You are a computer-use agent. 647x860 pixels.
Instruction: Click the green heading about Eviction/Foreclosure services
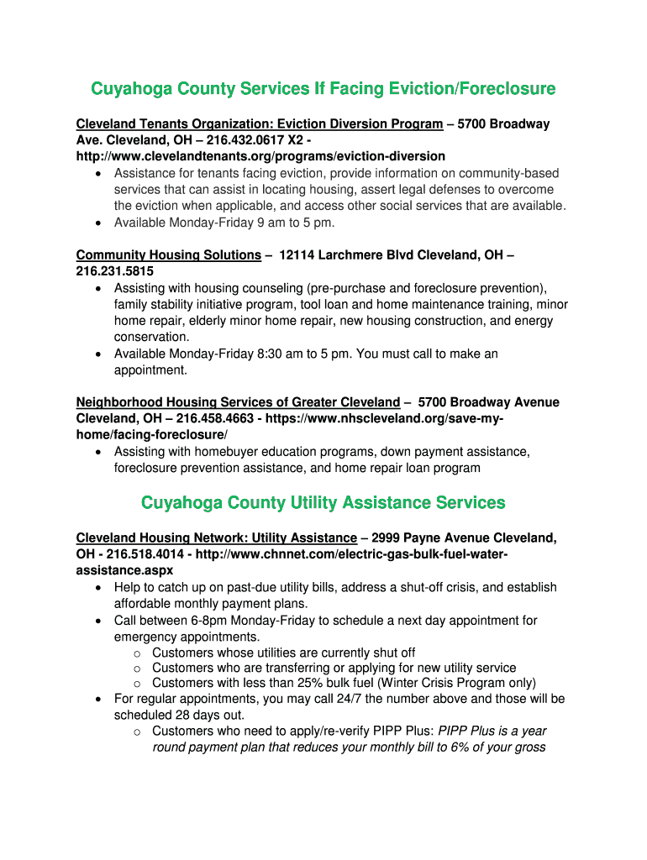point(323,89)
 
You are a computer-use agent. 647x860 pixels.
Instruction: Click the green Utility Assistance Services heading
point(323,503)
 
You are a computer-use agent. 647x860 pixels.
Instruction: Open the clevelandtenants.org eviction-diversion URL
point(260,156)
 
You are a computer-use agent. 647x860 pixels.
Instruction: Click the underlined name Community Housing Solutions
point(168,255)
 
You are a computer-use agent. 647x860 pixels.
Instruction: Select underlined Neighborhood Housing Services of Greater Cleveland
point(238,403)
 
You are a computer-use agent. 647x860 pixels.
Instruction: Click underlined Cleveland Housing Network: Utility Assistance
point(216,538)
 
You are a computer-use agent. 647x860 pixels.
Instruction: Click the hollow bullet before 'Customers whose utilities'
point(137,653)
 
